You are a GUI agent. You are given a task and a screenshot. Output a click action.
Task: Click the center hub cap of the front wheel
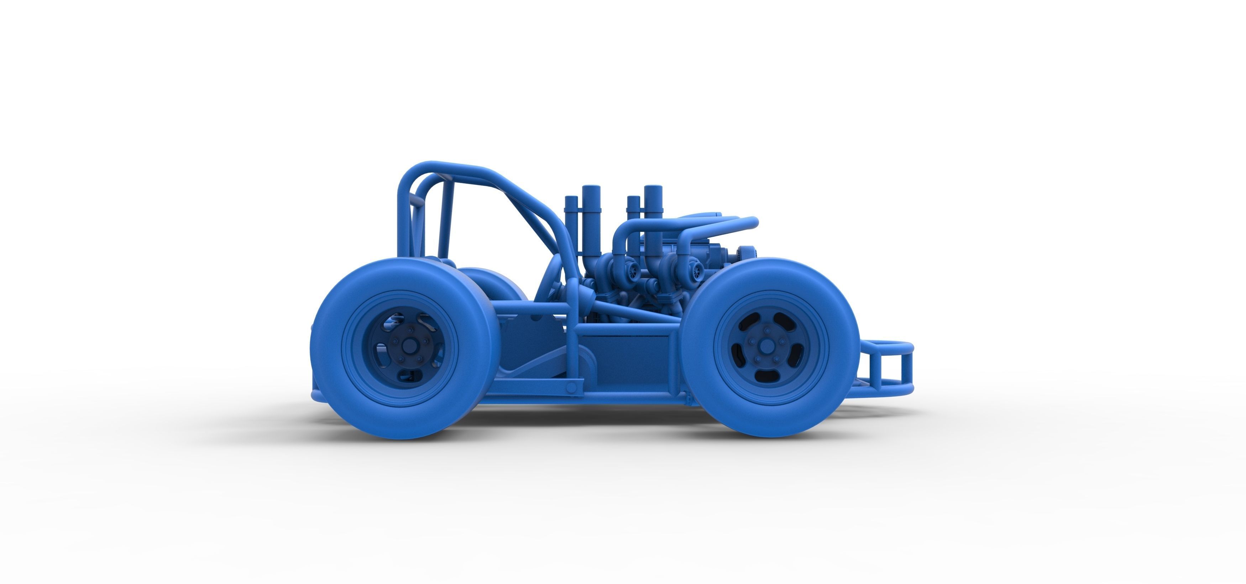pyautogui.click(x=766, y=347)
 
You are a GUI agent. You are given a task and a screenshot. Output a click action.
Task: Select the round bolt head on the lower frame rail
pyautogui.click(x=572, y=387)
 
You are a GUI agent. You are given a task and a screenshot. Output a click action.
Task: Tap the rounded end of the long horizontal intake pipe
pyautogui.click(x=753, y=223)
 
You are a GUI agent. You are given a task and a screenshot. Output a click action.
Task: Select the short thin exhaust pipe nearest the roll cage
pyautogui.click(x=571, y=213)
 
